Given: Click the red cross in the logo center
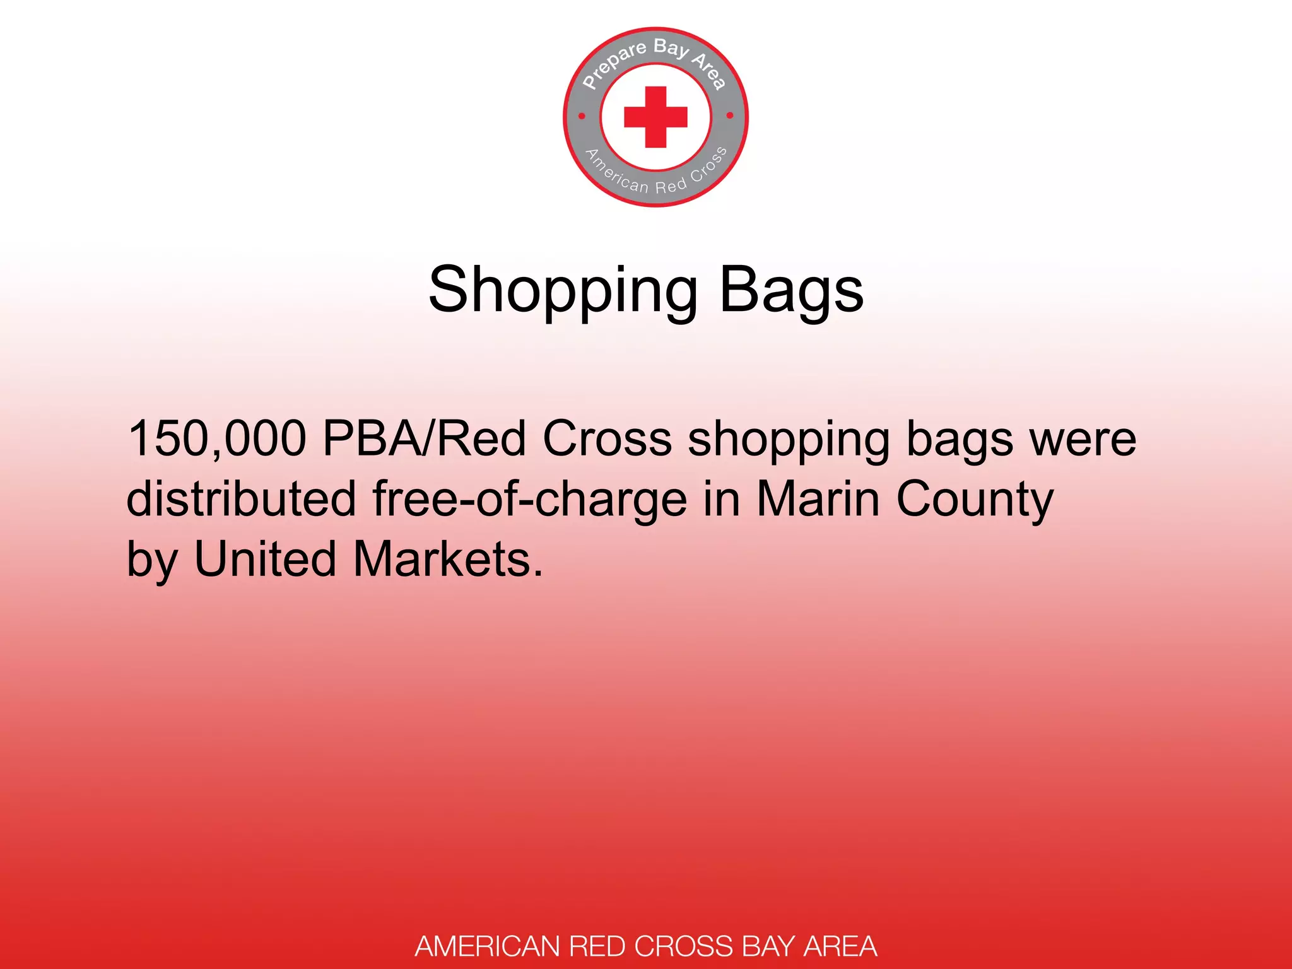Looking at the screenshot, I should click(x=655, y=117).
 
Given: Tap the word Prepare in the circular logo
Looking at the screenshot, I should click(x=613, y=65).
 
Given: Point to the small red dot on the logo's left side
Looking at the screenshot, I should click(x=582, y=116).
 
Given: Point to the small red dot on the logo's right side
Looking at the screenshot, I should click(x=730, y=115).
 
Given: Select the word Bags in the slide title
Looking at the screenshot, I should click(x=791, y=291).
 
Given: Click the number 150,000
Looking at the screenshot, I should click(x=217, y=438).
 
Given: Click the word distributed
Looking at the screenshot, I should click(x=242, y=498).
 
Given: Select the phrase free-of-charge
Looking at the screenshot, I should click(x=529, y=498).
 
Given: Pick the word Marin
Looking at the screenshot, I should click(x=818, y=498).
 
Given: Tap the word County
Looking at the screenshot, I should click(x=975, y=498).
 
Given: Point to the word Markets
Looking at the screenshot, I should click(x=447, y=559).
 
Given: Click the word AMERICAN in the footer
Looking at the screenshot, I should click(x=488, y=946).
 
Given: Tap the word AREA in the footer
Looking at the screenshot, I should click(x=840, y=946).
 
